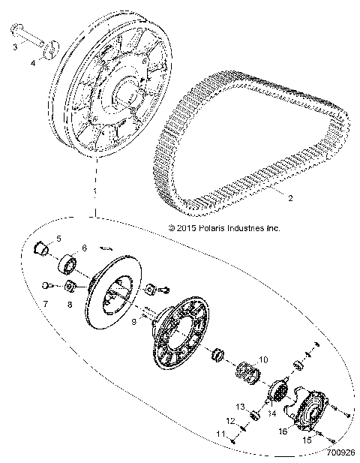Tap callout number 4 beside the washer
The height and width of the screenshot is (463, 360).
pyautogui.click(x=31, y=64)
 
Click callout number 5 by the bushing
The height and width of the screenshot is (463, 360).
pyautogui.click(x=60, y=239)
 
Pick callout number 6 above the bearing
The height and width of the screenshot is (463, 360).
pyautogui.click(x=84, y=248)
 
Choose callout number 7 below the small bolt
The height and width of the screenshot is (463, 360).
pyautogui.click(x=44, y=305)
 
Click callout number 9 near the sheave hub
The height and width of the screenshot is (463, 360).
pyautogui.click(x=133, y=321)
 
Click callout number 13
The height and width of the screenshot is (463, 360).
pyautogui.click(x=241, y=405)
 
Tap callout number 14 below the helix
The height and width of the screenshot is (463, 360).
pyautogui.click(x=272, y=413)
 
